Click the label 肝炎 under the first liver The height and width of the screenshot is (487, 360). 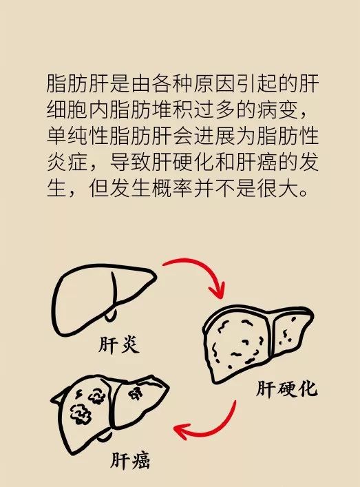tap(119, 344)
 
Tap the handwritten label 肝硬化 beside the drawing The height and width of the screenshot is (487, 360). tap(286, 388)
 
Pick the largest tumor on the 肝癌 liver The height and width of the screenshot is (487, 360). tap(81, 414)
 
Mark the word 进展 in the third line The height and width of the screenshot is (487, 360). tap(215, 136)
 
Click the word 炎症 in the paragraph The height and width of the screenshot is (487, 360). tap(67, 162)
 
